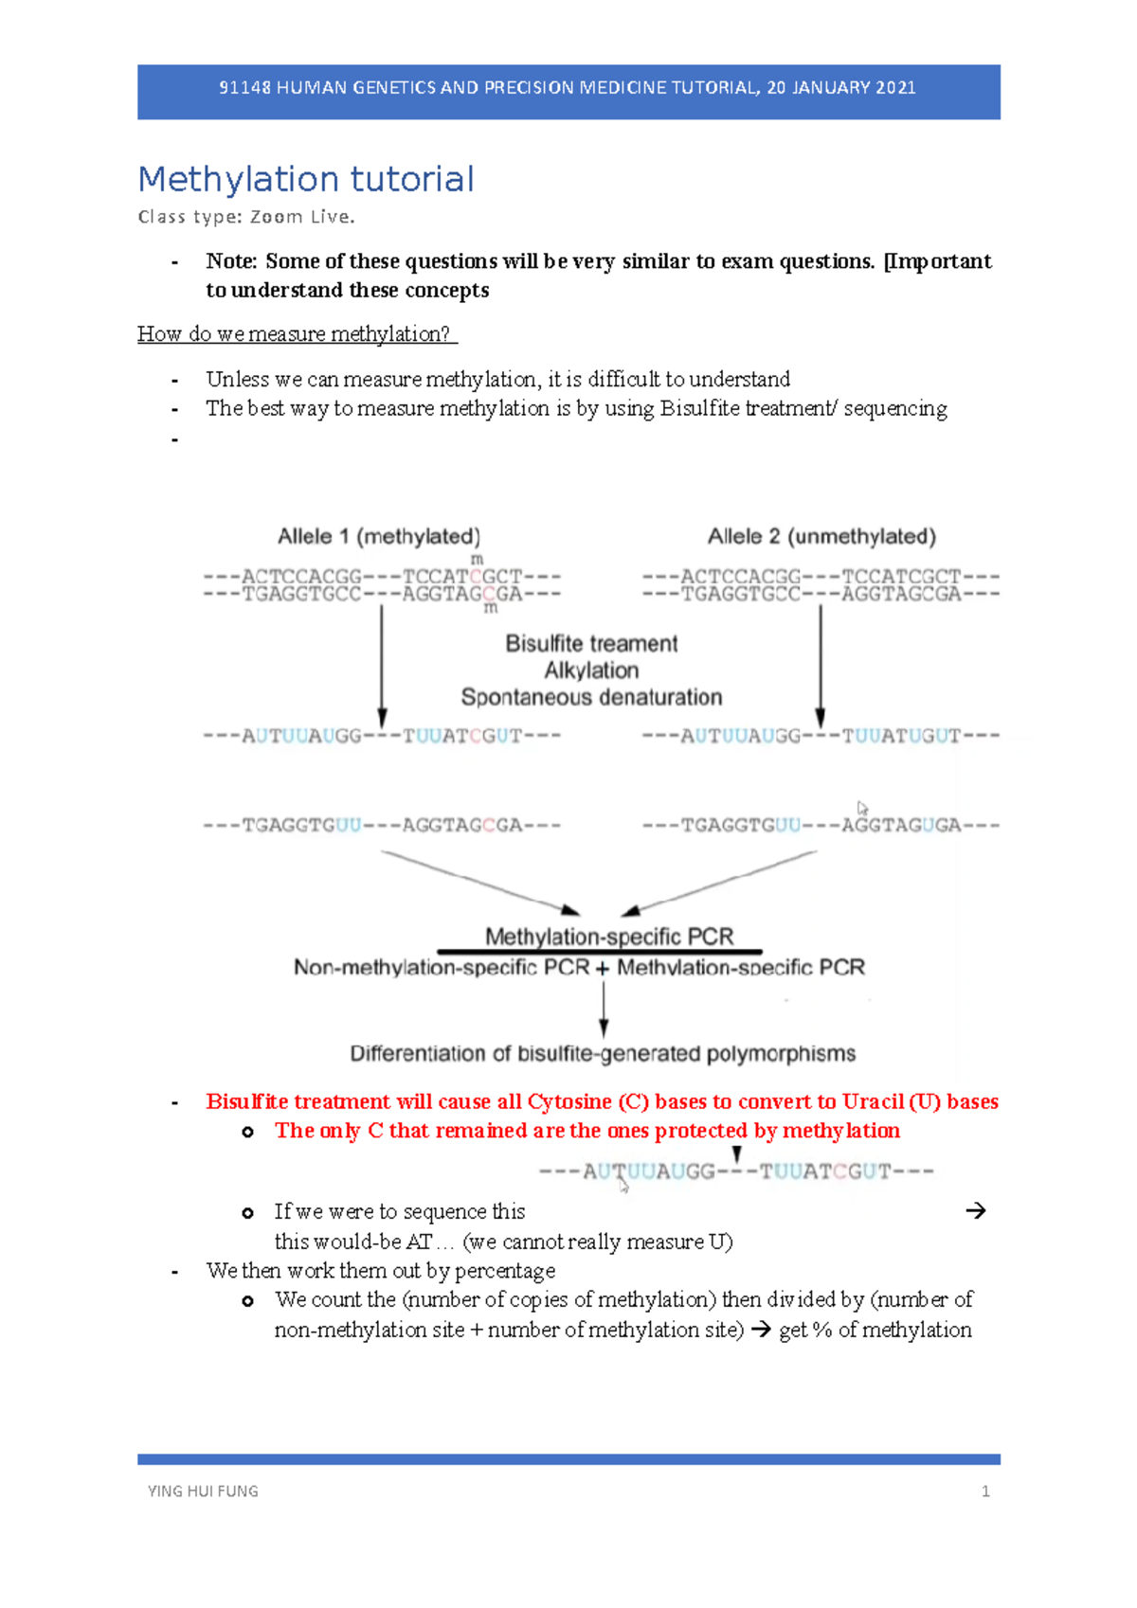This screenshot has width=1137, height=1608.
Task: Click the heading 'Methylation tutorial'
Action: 305,179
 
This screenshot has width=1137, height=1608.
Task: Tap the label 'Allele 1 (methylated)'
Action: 379,537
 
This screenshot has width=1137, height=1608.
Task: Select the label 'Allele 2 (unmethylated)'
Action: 821,537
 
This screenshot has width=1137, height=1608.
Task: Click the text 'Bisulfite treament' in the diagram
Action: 591,644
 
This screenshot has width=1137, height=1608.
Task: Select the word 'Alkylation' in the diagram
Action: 591,670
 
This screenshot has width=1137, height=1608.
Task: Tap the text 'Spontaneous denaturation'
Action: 591,698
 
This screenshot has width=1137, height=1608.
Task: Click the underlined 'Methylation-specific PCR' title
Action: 609,937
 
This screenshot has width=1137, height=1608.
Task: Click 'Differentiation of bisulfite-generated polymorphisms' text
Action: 603,1054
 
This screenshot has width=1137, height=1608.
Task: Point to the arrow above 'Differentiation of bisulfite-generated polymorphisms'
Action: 604,1009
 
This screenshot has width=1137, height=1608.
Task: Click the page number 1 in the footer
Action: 985,1492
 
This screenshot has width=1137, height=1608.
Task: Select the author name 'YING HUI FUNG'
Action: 203,1492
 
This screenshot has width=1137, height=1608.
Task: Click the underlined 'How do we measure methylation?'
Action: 297,334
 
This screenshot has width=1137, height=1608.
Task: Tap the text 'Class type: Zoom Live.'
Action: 246,217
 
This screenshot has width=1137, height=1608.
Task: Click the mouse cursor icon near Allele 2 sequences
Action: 862,808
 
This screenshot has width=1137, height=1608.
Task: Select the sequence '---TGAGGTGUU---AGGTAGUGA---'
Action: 821,826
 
